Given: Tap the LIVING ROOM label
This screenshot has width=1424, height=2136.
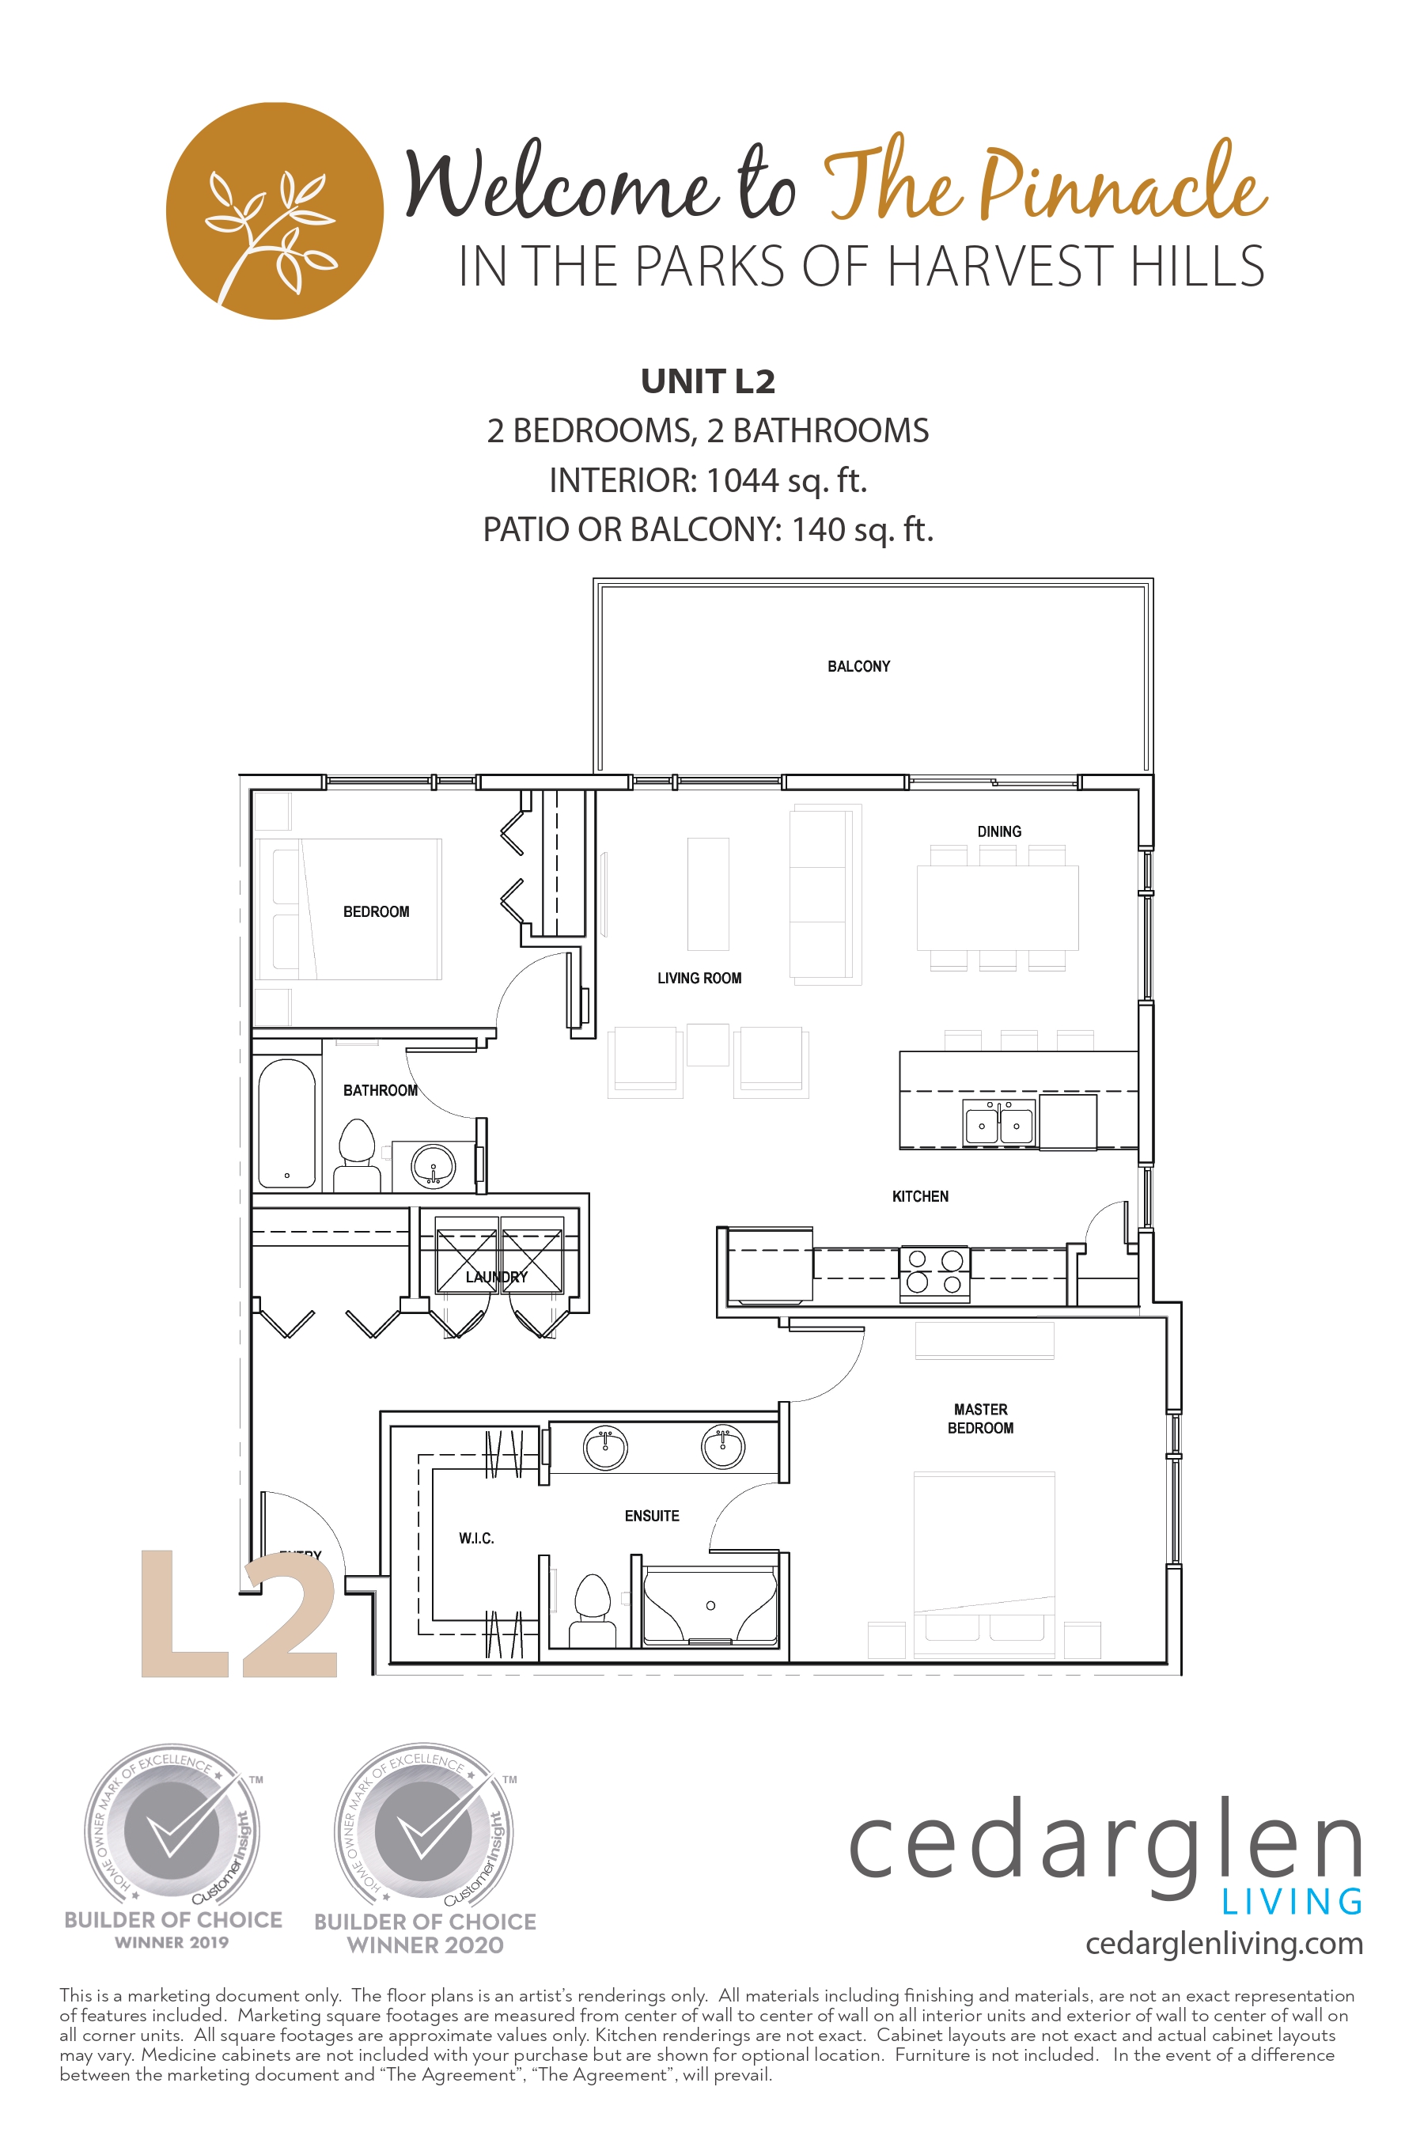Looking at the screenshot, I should pos(699,978).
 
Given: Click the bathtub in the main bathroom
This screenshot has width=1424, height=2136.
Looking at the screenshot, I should pos(287,1124).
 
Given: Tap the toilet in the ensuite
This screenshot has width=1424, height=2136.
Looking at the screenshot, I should pos(592,1608).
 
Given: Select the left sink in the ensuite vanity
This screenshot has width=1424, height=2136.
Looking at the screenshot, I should pos(605,1447).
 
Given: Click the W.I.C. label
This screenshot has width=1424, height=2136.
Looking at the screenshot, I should pos(476,1537).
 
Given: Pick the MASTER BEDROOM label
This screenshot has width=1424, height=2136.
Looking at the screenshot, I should pos(980,1418).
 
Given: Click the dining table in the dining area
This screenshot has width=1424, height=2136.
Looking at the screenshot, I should pos(997,907).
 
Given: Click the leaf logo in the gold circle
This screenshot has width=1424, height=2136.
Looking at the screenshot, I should pos(275,210).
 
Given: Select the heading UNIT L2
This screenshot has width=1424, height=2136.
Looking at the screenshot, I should pos(707,381).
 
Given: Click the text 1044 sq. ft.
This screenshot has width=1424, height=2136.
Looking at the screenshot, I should pos(786,479).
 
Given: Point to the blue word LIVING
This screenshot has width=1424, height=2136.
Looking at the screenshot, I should pos(1291,1902).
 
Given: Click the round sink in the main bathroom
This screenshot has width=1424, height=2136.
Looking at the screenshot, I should pos(434,1166).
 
